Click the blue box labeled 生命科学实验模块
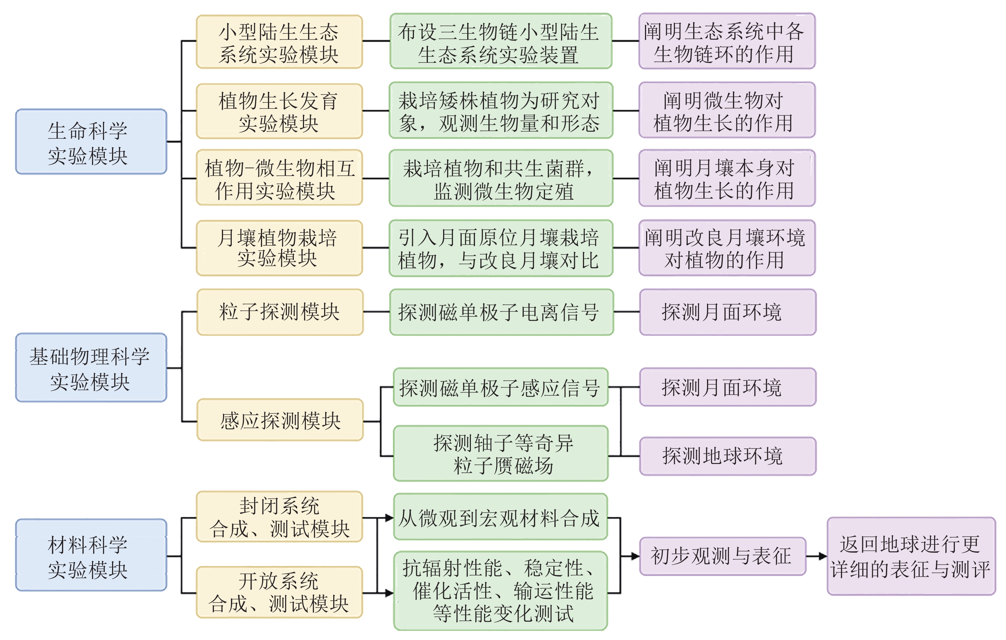click(x=91, y=142)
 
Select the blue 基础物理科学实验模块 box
click(x=91, y=368)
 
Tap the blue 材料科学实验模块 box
click(x=91, y=555)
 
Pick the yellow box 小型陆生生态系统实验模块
click(x=279, y=42)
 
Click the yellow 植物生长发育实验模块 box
click(x=279, y=111)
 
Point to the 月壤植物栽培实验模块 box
click(x=279, y=248)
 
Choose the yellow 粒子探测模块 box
click(x=280, y=312)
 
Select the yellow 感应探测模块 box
click(x=280, y=420)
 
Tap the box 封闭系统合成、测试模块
click(x=279, y=517)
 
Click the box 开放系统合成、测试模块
click(x=279, y=592)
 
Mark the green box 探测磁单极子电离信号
click(x=501, y=312)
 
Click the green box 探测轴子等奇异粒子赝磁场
click(x=500, y=453)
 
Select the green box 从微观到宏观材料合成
click(x=500, y=517)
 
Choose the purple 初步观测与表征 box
click(x=723, y=556)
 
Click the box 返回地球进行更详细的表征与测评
click(x=911, y=556)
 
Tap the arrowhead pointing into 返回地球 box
click(x=823, y=556)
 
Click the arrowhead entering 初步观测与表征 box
click(x=636, y=556)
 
